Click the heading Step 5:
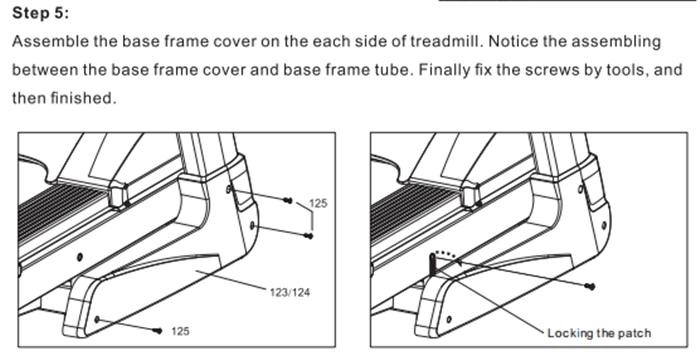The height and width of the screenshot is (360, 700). (41, 13)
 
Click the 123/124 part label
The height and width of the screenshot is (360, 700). (290, 293)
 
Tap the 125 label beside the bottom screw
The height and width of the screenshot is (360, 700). (180, 331)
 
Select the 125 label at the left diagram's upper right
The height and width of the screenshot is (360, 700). (318, 204)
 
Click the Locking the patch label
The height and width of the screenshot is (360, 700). (599, 333)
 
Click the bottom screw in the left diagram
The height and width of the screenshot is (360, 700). (157, 331)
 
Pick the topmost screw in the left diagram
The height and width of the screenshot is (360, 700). (288, 201)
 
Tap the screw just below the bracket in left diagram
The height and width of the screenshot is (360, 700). (308, 235)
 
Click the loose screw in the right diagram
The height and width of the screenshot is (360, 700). (591, 287)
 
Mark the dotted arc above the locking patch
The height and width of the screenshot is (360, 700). (446, 255)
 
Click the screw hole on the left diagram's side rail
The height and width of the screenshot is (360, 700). (80, 257)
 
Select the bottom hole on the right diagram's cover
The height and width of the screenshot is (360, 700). (449, 319)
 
